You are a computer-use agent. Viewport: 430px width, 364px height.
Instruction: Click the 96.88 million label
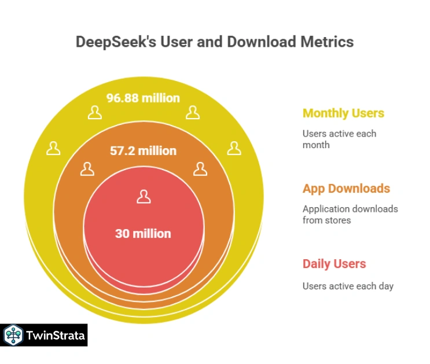point(143,98)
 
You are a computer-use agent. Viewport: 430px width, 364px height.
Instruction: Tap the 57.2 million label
point(143,151)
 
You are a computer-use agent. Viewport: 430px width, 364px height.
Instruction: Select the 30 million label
point(143,234)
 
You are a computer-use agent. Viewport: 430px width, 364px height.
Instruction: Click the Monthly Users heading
point(343,113)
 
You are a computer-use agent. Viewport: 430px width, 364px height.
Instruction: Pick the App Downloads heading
point(346,189)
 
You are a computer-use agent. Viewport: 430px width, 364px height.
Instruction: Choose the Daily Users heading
point(334,264)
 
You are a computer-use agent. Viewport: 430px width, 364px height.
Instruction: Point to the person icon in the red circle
point(144,197)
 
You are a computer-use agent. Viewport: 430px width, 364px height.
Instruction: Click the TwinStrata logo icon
point(13,335)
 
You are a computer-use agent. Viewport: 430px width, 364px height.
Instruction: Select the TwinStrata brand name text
point(54,335)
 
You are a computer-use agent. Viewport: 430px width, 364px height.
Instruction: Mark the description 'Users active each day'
point(348,286)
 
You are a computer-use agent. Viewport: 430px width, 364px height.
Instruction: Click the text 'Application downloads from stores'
point(350,214)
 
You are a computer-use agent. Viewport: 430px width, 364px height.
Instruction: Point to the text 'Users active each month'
point(339,139)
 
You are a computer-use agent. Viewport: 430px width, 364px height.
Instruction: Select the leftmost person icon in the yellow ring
point(54,148)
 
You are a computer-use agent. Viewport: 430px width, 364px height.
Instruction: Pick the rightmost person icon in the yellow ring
point(234,148)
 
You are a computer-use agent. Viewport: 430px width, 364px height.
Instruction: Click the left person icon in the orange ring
point(87,169)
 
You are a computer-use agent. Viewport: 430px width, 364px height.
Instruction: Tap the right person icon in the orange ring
point(200,169)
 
